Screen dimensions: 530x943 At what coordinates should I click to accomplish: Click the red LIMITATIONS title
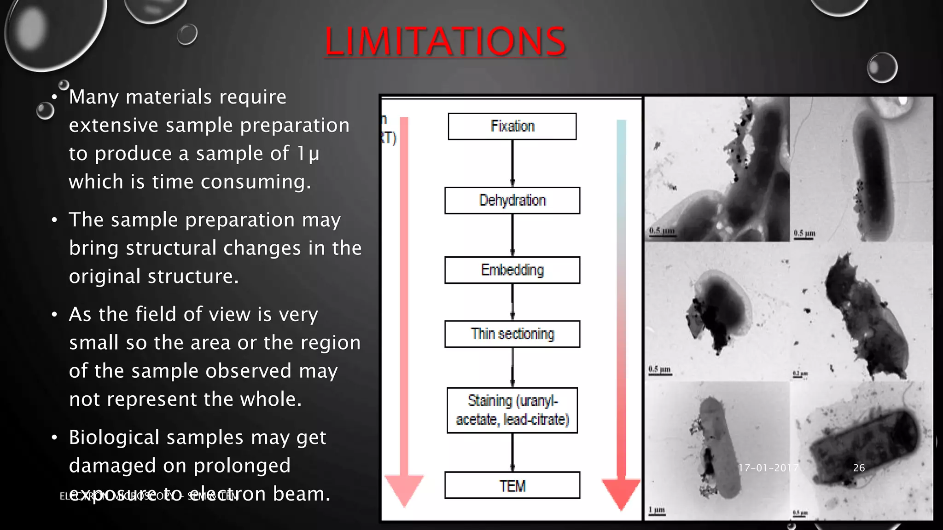click(445, 41)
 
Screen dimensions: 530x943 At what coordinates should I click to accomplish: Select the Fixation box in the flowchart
click(512, 127)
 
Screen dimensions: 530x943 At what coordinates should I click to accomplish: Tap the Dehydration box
click(512, 201)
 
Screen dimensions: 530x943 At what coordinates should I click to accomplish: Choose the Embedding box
click(512, 270)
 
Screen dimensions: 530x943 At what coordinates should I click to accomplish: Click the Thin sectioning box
click(512, 334)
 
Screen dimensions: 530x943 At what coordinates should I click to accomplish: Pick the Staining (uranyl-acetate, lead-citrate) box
click(512, 410)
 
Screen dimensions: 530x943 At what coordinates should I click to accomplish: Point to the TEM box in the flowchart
click(512, 485)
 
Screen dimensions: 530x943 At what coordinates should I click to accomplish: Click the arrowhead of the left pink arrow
click(404, 490)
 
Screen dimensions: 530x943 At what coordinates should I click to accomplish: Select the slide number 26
click(859, 468)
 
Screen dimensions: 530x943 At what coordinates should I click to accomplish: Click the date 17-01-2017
click(768, 468)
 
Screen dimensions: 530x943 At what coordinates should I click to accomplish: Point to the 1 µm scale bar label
click(657, 510)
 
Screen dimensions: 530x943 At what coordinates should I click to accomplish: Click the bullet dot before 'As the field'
click(54, 315)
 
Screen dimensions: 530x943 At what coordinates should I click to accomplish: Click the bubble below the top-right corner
click(882, 68)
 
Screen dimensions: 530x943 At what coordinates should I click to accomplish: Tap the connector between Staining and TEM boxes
click(512, 452)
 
